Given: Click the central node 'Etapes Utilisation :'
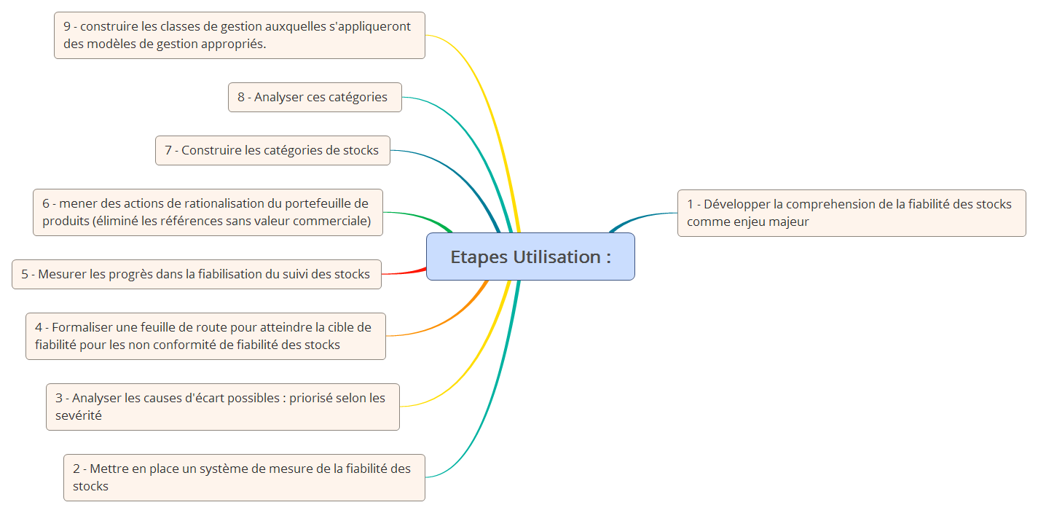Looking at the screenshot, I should [530, 256].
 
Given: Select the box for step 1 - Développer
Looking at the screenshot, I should [851, 213].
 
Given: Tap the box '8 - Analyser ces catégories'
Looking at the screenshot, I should [315, 97].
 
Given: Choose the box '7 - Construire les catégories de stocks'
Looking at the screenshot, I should [272, 150].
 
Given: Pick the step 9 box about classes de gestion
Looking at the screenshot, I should [239, 35].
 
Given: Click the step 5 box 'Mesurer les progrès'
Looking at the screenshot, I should [196, 274].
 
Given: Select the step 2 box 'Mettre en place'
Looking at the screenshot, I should [244, 477].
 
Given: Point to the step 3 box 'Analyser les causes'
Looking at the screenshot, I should [222, 407].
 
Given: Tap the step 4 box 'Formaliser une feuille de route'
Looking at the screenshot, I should [205, 336].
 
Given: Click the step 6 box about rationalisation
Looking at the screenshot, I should [208, 212].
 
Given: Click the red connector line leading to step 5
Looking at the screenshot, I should [404, 273].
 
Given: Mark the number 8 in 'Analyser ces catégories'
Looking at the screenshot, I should [241, 97].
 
